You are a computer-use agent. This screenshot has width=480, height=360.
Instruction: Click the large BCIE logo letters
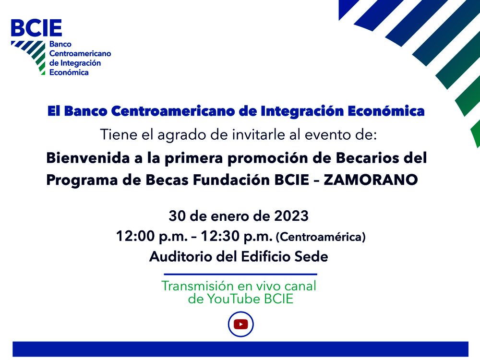click(36, 28)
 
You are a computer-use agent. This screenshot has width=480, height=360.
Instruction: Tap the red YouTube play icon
click(240, 324)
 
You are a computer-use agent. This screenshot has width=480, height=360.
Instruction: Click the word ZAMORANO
click(371, 180)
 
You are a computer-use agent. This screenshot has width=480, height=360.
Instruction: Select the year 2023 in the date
click(291, 216)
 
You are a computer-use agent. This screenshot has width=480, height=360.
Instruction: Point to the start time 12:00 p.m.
click(152, 236)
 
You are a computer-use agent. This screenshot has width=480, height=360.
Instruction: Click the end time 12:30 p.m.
click(237, 236)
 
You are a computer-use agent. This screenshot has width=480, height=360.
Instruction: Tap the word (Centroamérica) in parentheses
click(321, 237)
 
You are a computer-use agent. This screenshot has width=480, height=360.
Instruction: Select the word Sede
click(311, 256)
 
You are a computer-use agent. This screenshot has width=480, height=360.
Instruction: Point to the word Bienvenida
click(84, 158)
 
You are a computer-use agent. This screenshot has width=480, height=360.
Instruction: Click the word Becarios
click(368, 158)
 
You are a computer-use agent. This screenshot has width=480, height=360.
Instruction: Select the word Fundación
click(231, 180)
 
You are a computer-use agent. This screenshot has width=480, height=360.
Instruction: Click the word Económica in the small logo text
click(69, 72)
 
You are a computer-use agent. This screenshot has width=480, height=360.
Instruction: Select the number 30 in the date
click(177, 216)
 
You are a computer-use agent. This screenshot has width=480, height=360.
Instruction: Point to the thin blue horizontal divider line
click(240, 274)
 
